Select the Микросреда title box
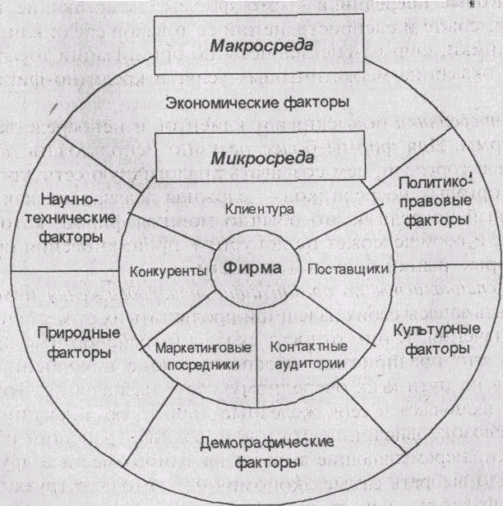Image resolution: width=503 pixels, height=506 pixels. (x=261, y=156)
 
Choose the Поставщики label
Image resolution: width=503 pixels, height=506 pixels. (x=336, y=269)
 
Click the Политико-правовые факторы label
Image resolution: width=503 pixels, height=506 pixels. (x=426, y=202)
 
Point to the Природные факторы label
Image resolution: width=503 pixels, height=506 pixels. (x=76, y=343)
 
